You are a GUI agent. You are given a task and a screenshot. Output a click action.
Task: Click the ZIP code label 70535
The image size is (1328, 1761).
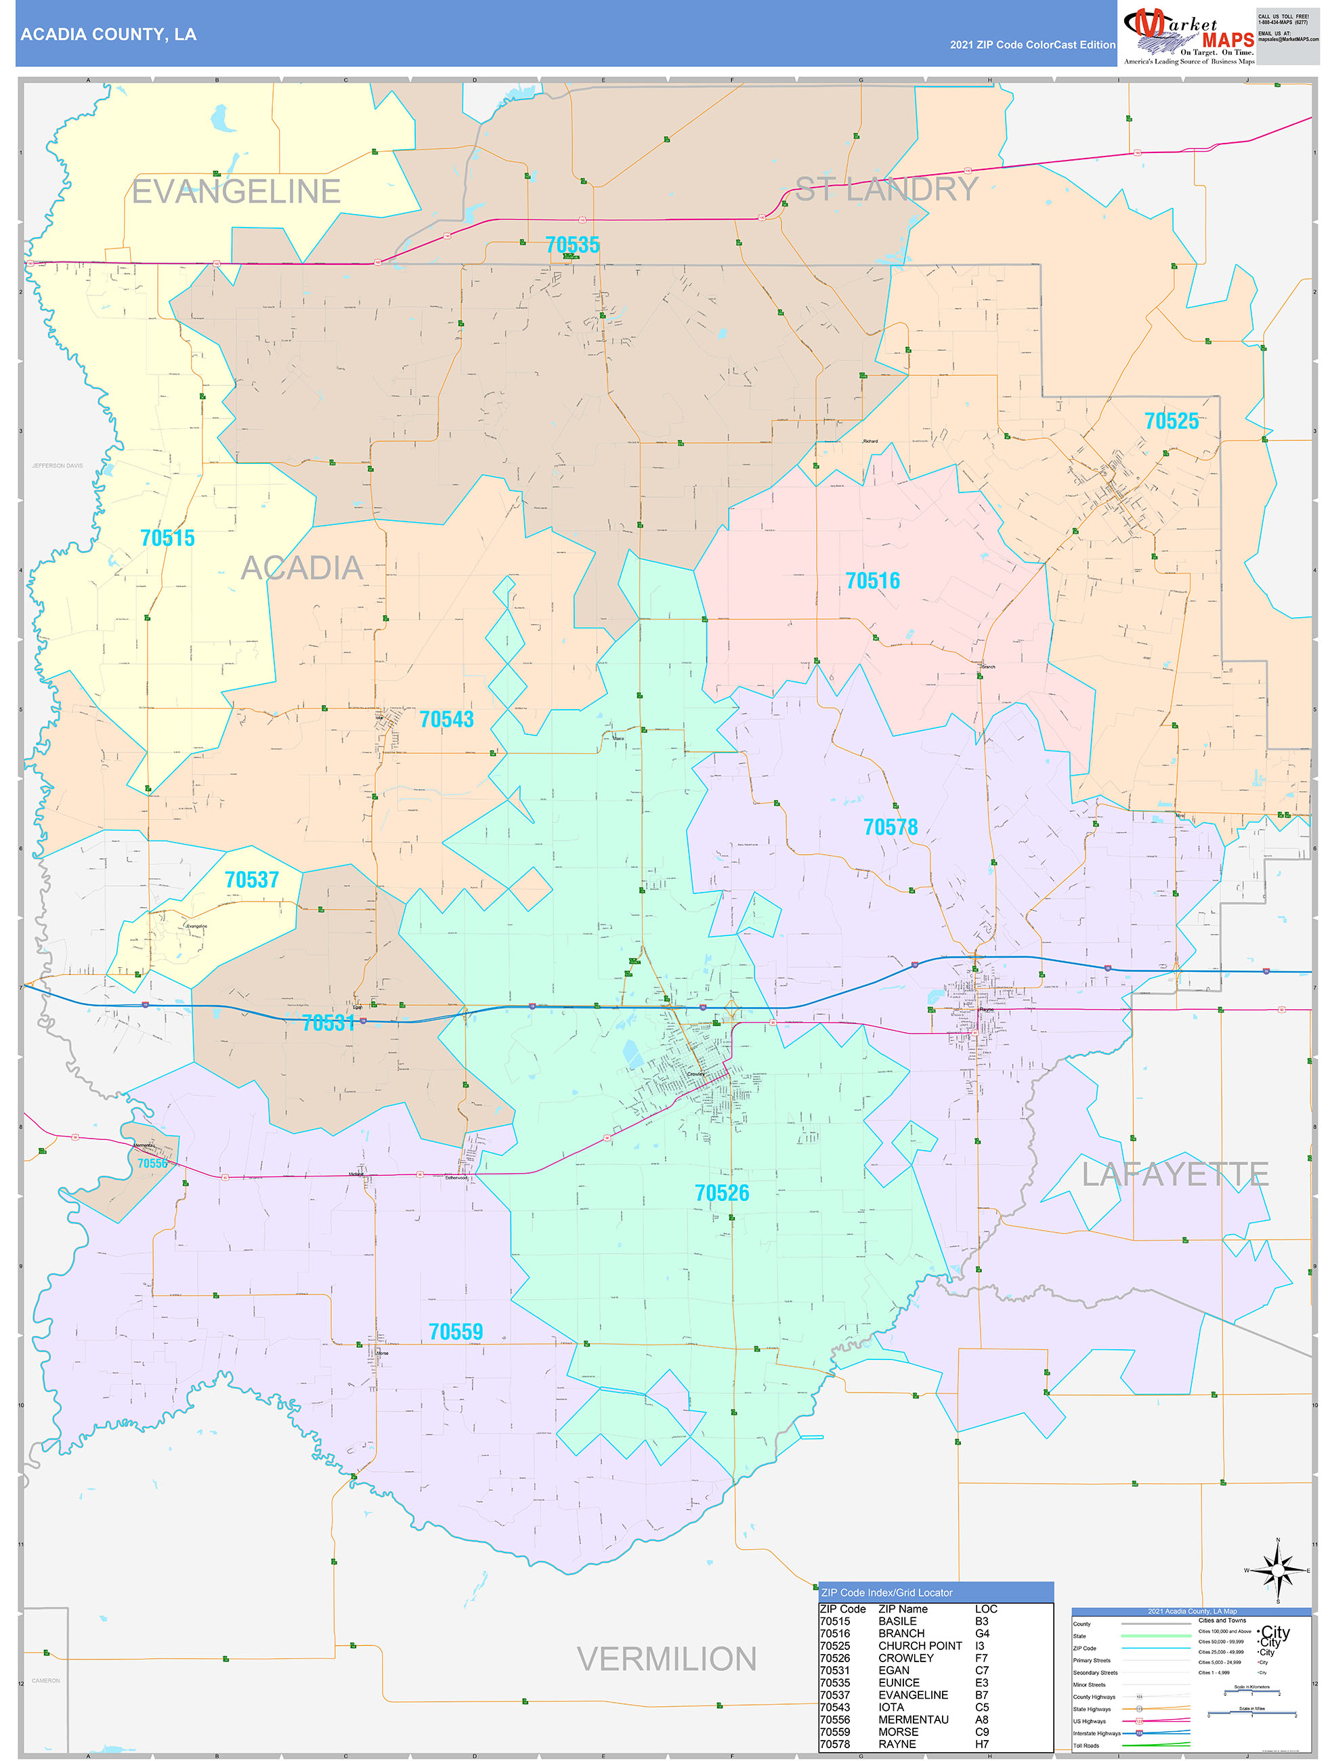572,245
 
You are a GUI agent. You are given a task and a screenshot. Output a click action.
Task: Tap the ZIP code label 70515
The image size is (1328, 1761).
167,538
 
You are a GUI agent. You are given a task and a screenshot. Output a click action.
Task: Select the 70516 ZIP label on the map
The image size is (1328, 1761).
873,581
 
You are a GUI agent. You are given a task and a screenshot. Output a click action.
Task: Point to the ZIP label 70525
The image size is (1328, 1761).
1171,421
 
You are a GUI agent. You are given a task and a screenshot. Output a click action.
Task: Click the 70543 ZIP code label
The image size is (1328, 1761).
447,720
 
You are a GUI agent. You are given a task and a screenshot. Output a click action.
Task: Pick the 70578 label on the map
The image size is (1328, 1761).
890,828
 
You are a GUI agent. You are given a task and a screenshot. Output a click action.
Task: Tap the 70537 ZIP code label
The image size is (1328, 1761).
252,880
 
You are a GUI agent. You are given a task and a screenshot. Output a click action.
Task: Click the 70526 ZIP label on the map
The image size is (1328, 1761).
722,1193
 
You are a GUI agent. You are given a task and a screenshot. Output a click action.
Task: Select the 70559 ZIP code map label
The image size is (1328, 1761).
455,1332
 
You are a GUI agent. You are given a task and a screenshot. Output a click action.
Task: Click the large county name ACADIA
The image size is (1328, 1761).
302,568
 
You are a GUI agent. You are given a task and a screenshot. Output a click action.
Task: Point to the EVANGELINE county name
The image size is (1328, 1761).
236,192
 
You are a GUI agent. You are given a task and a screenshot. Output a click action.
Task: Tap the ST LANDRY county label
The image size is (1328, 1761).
887,190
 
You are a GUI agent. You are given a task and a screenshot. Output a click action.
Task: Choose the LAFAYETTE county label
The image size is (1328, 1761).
1174,1174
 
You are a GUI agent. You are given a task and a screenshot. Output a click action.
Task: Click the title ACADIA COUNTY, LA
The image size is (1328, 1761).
108,35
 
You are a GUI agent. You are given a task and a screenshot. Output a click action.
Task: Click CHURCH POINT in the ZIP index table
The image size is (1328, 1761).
920,1646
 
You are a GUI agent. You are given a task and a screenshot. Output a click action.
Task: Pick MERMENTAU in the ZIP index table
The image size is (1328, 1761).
912,1720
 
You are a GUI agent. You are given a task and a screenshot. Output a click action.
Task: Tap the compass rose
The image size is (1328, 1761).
1278,1570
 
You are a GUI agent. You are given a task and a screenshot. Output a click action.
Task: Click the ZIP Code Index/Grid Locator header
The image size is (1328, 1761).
886,1592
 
